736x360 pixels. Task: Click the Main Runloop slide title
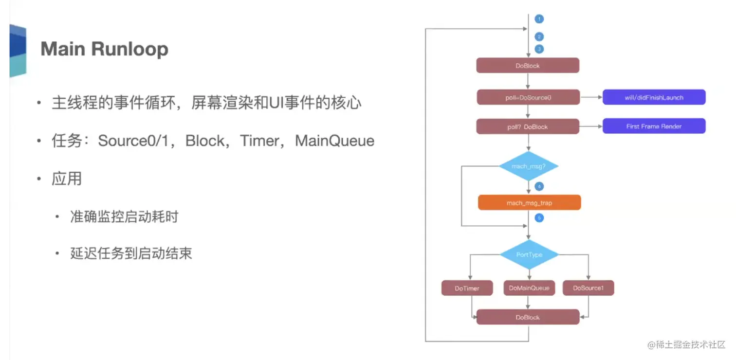[104, 49]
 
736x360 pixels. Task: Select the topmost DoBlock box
[528, 66]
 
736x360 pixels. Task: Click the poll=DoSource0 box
[528, 97]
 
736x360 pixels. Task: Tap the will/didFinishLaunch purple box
[654, 97]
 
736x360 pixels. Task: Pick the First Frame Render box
[654, 126]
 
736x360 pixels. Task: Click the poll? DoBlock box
[528, 126]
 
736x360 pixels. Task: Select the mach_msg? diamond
[528, 166]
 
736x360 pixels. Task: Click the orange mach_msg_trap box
[529, 202]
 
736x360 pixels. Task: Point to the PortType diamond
[529, 254]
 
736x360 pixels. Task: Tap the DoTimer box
[467, 288]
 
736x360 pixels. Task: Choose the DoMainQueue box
[529, 288]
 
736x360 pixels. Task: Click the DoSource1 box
[588, 288]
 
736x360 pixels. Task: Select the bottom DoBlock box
[528, 317]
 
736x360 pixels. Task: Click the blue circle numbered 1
[539, 19]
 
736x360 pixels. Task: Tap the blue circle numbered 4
[539, 186]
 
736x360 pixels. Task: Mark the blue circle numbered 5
[539, 217]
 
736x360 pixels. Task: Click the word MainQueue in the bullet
[335, 141]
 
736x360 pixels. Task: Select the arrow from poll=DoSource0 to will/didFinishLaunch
[591, 97]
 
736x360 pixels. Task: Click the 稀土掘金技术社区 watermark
[686, 344]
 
